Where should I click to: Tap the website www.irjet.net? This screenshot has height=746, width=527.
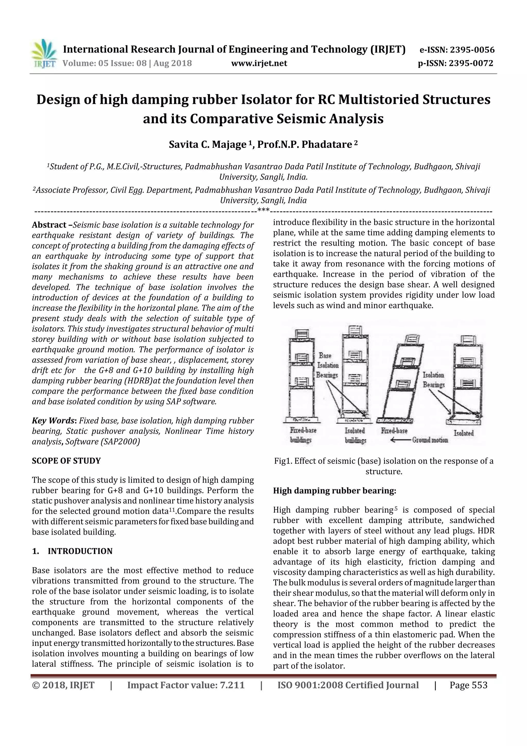click(259, 63)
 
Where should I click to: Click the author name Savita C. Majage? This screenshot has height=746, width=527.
click(207, 144)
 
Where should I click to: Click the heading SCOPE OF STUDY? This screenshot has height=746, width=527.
click(66, 461)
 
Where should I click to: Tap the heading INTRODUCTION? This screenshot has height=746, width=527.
click(80, 551)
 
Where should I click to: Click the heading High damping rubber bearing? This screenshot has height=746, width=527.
click(335, 491)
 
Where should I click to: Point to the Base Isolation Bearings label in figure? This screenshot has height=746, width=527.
click(328, 365)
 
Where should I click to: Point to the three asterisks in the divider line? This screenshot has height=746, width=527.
click(263, 210)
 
